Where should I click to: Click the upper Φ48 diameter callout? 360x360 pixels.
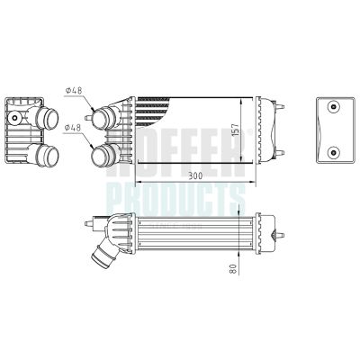(75, 90)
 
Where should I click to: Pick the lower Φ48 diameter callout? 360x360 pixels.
(75, 128)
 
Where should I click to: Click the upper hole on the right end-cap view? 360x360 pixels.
(334, 108)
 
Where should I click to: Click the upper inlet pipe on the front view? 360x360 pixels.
(106, 117)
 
